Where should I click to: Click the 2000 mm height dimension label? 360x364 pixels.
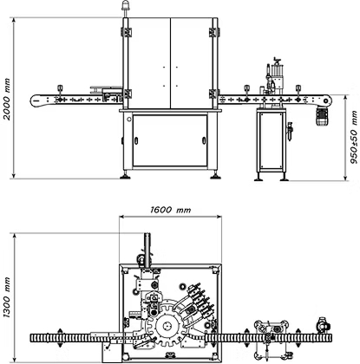point(6,99)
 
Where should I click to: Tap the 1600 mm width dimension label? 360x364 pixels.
point(171,210)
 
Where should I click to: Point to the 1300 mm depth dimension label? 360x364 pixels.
point(6,297)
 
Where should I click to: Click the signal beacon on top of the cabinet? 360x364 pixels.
point(125,6)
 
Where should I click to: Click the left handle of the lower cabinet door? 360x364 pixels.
point(136,140)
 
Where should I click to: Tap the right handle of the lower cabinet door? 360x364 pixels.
point(204,140)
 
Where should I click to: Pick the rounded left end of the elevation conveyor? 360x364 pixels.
point(34,100)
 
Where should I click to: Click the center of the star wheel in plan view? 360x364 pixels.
point(167,327)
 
